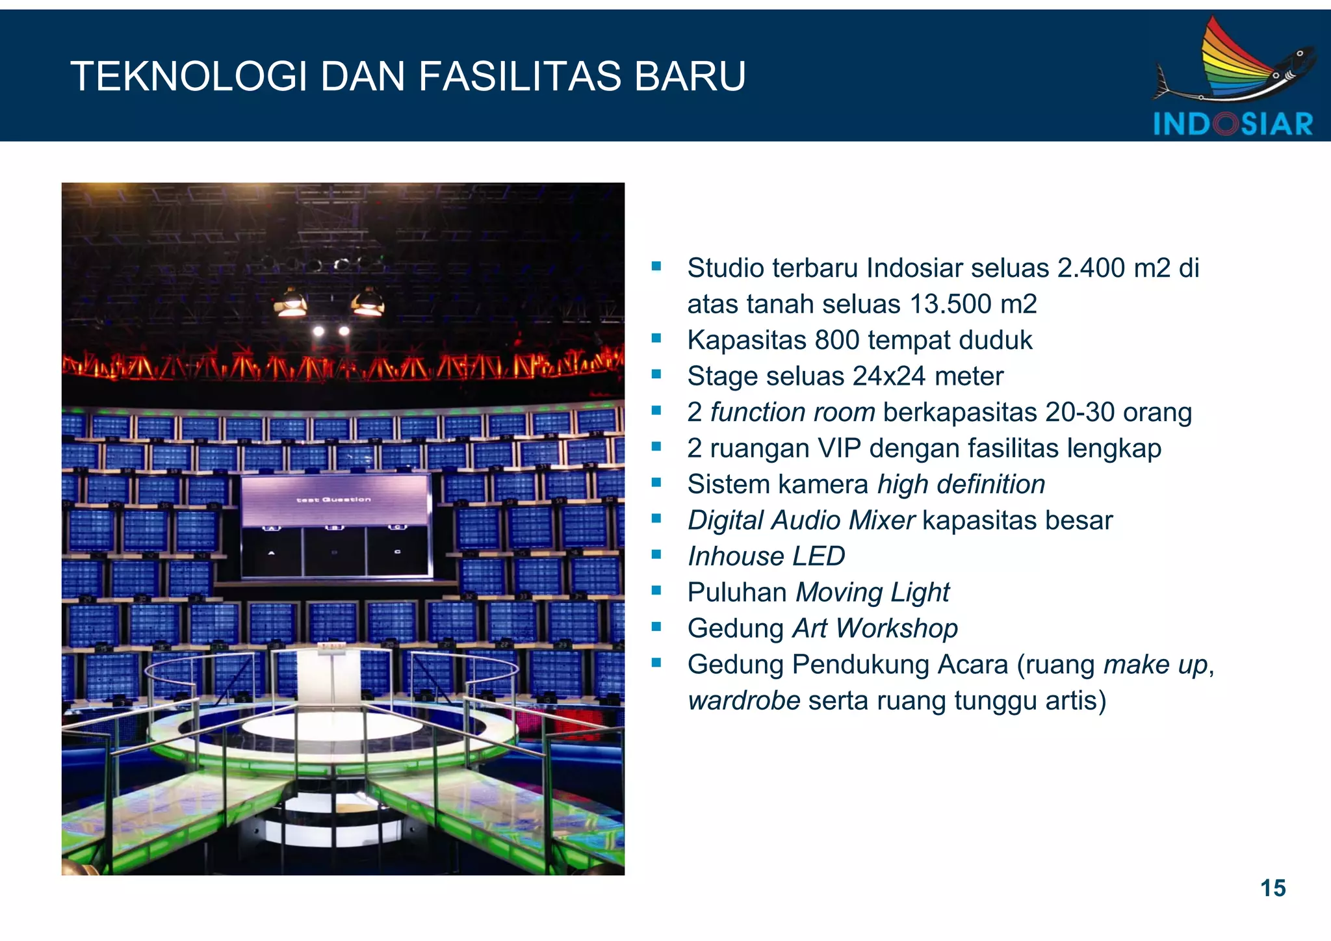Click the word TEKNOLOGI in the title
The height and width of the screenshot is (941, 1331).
click(x=188, y=77)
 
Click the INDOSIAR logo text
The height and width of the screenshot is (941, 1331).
click(x=1233, y=124)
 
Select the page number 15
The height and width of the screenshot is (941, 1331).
click(x=1273, y=888)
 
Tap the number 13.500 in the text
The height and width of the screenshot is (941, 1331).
click(x=951, y=304)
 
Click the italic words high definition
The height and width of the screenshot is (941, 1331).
click(x=961, y=484)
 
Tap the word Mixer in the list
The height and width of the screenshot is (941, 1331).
click(x=881, y=521)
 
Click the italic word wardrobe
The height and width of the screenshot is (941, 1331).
click(x=743, y=701)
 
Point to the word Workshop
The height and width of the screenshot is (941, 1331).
click(x=896, y=628)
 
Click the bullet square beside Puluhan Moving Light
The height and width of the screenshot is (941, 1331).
click(x=656, y=591)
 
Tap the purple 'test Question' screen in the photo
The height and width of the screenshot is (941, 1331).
click(x=335, y=499)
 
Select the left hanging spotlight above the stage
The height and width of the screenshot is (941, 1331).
click(x=291, y=303)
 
